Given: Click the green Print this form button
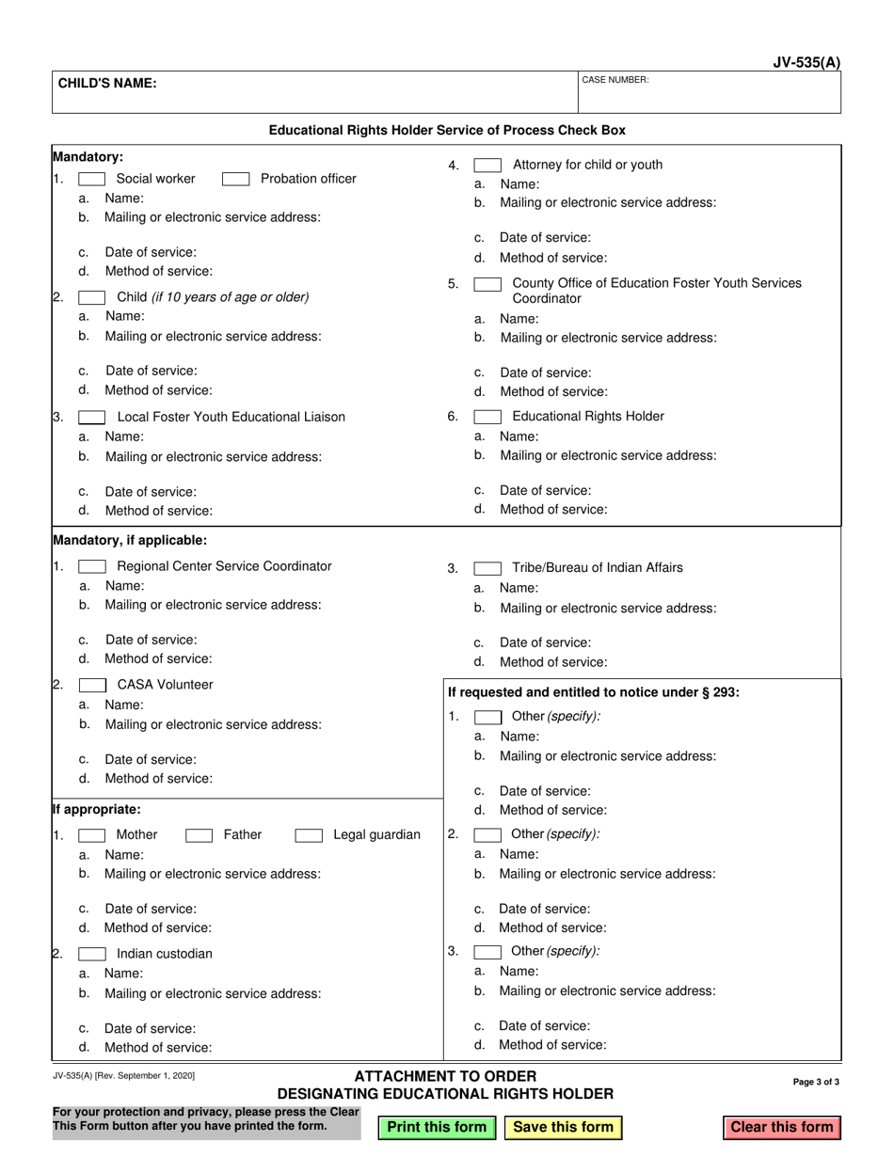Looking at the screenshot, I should tap(437, 1127).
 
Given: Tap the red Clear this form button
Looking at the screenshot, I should tap(782, 1127).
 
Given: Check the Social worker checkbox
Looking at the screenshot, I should tap(91, 179).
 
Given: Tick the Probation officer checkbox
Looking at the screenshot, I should tap(235, 179).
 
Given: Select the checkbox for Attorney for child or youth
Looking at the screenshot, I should tap(487, 166).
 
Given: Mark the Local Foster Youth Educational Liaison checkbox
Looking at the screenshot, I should tap(91, 417).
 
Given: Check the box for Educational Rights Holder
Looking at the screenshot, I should tap(487, 417).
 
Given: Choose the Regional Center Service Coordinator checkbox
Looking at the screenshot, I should tap(91, 566).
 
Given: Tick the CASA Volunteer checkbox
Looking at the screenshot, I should tap(91, 685).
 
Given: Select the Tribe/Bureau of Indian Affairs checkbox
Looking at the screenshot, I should tap(487, 567).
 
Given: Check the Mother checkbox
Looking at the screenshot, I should tap(91, 834).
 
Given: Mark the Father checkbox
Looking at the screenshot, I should tap(199, 834).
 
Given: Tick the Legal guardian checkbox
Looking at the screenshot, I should tap(309, 834).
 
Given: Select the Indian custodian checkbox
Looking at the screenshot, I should tap(91, 953).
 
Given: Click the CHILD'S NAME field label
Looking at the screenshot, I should tap(107, 83).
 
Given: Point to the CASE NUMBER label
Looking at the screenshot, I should tap(615, 80).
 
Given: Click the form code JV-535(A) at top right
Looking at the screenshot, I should tap(806, 63).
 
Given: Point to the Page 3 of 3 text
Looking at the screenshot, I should tap(817, 1082).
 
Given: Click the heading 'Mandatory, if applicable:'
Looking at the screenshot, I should tap(130, 540).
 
